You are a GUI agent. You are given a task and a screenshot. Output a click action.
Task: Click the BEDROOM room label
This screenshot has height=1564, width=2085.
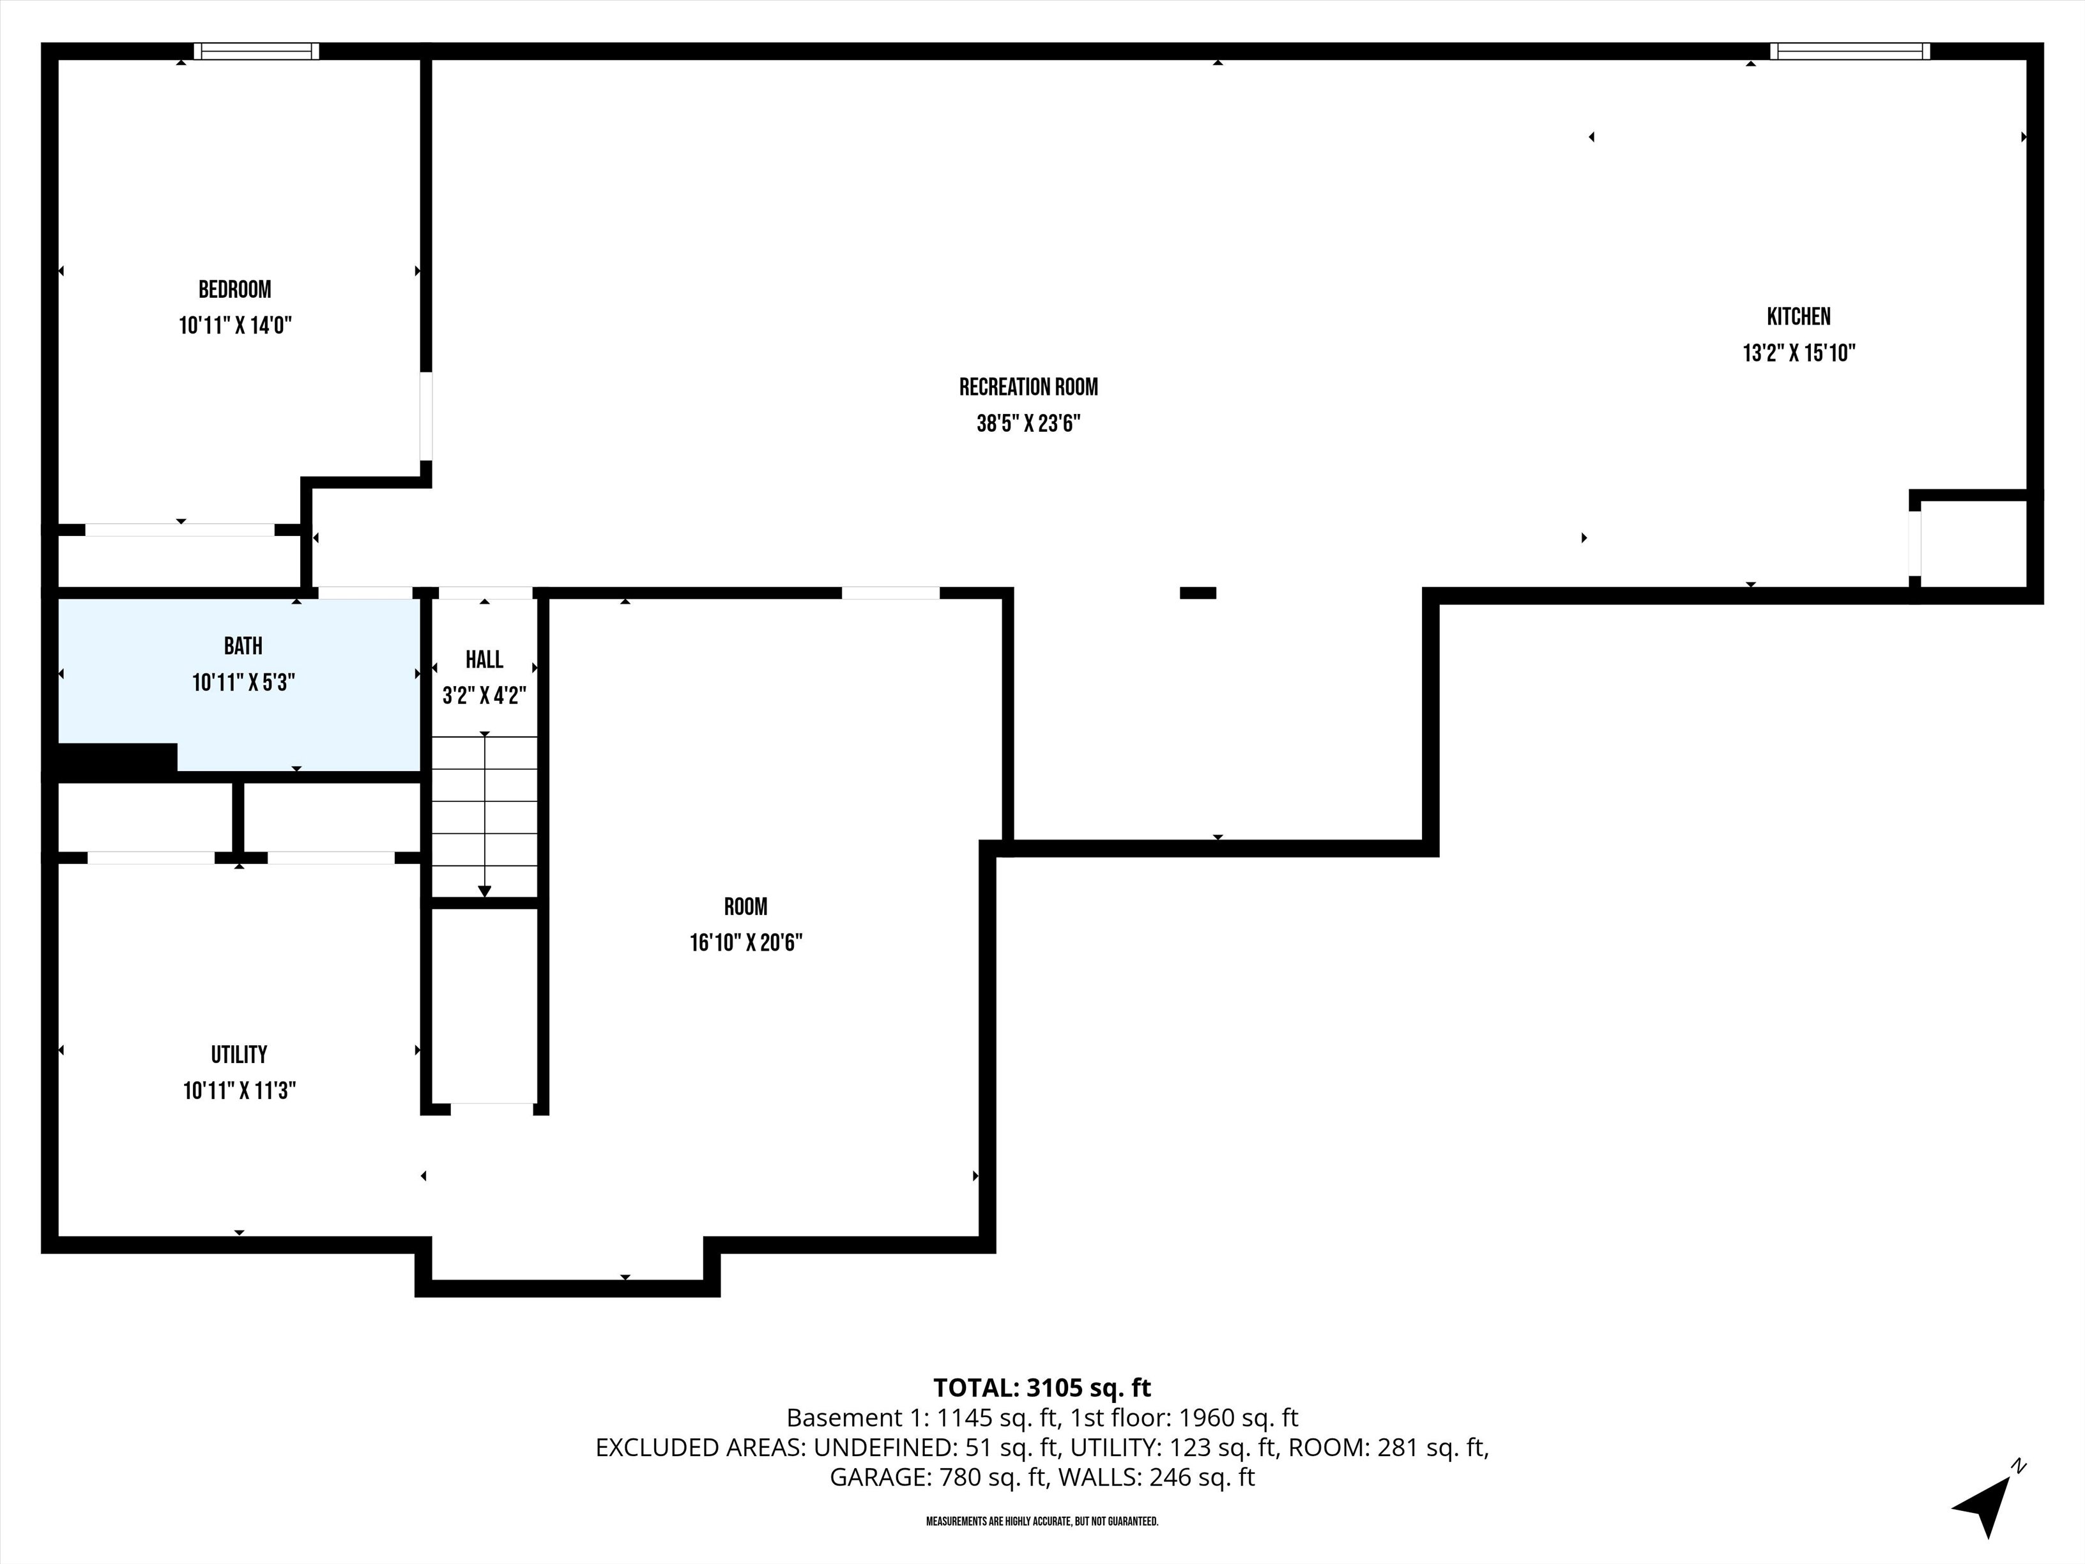(234, 289)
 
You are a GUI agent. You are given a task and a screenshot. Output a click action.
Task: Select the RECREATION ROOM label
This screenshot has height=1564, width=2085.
(1028, 387)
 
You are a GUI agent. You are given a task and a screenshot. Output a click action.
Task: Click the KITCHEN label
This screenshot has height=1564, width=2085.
(1798, 317)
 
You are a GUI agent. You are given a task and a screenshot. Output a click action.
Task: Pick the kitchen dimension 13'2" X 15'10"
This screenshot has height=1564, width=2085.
(1798, 353)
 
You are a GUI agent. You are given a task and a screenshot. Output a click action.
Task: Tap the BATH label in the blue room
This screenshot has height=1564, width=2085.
(243, 646)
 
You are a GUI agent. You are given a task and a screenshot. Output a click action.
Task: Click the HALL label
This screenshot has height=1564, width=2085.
(484, 659)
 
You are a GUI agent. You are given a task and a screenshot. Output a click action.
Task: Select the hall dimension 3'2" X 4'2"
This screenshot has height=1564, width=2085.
(484, 696)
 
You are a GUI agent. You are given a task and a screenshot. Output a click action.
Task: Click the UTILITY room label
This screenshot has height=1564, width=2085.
(238, 1054)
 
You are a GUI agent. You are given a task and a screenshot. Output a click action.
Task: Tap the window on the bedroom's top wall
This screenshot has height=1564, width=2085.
(256, 51)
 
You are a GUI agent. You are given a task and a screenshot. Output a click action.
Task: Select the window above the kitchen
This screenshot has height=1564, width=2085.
(1849, 51)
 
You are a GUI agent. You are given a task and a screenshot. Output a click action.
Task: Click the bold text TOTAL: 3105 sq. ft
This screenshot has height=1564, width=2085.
(1042, 1388)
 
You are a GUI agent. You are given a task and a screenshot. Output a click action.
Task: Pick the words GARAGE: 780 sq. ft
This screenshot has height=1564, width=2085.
(937, 1477)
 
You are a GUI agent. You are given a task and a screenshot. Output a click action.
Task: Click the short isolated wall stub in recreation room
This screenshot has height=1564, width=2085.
(1198, 593)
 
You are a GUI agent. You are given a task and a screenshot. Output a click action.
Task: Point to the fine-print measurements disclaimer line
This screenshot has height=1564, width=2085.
(1042, 1522)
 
